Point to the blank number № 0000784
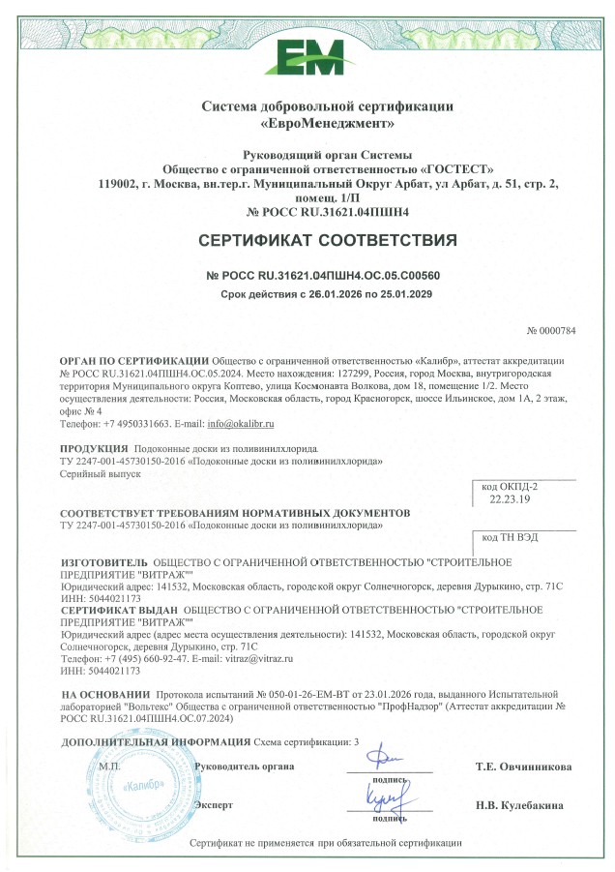[551, 331]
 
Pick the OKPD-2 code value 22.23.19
[504, 500]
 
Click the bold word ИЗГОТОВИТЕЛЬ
[104, 561]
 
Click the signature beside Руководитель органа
[388, 759]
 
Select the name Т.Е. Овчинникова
[522, 767]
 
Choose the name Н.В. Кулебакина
[523, 806]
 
